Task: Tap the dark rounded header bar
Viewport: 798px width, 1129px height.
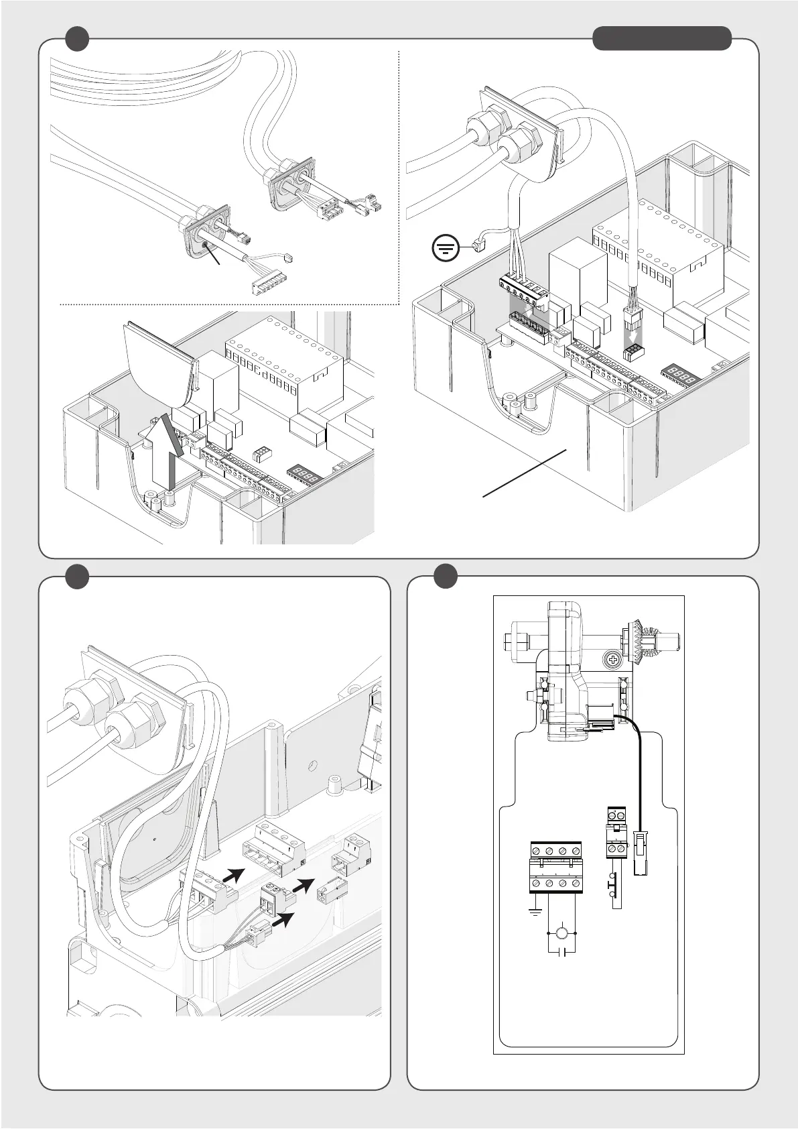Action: click(x=662, y=38)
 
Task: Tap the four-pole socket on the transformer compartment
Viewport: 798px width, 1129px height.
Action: click(x=273, y=850)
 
